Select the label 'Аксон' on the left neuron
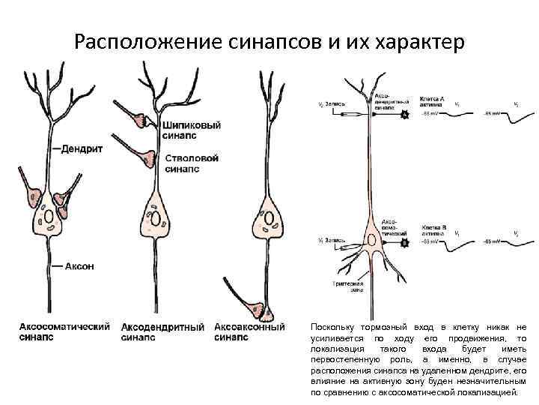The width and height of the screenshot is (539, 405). point(79,267)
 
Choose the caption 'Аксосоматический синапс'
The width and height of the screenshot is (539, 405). point(64,332)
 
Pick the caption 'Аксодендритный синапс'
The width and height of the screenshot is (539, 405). point(162,332)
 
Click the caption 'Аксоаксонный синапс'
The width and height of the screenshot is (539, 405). point(249,332)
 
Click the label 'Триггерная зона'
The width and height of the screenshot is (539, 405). point(348,287)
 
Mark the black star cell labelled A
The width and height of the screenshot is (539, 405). point(405,115)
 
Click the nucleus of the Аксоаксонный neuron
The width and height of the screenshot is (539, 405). point(270,217)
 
